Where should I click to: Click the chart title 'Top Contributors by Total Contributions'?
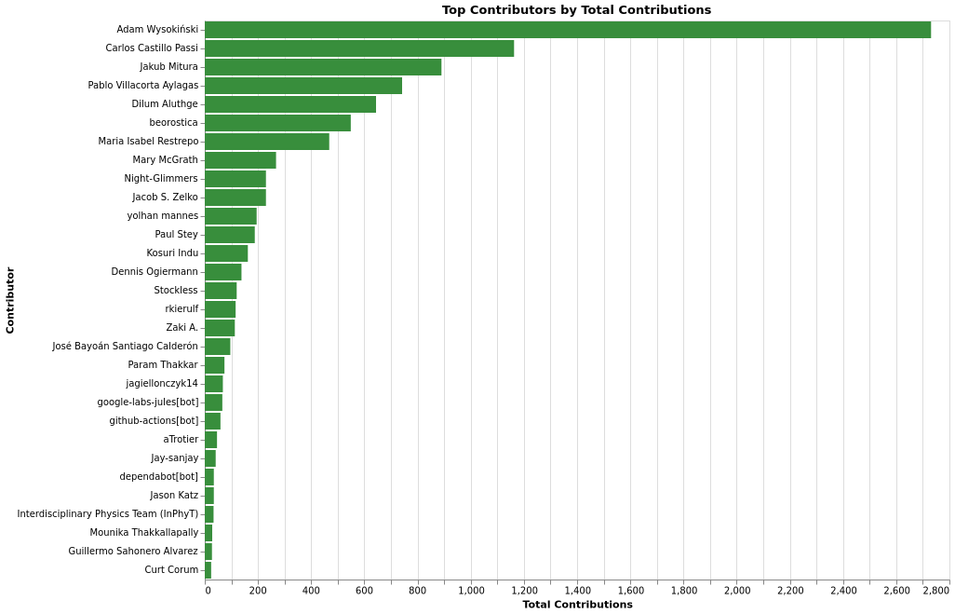tap(576, 10)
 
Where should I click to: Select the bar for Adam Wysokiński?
tap(568, 30)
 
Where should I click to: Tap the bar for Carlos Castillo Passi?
tap(359, 48)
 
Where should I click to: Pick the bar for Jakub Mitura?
tap(323, 67)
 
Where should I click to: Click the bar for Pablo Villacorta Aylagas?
tap(303, 86)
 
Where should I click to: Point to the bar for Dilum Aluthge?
tap(290, 104)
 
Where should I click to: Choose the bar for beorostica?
tap(277, 123)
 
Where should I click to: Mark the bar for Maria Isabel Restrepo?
tap(267, 142)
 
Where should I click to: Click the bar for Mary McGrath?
tap(240, 160)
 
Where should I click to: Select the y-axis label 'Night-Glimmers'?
tap(161, 179)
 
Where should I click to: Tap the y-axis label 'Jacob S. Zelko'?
tap(165, 198)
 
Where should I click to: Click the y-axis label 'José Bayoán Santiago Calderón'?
tap(125, 347)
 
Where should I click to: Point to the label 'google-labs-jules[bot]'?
tap(147, 403)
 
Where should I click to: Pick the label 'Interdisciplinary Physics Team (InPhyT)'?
tap(107, 514)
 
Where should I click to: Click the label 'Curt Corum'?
tap(171, 570)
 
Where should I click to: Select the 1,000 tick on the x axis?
tap(471, 591)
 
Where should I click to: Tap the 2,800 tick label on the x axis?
tap(935, 591)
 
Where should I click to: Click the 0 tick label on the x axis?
tap(208, 591)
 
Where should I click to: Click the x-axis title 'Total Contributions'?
tap(577, 605)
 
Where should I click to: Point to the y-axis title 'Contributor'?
tap(10, 300)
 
